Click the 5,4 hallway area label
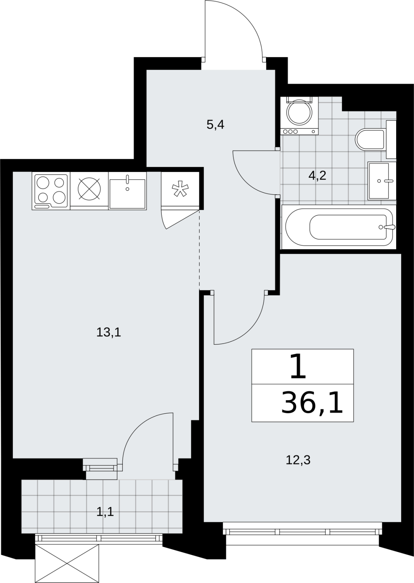click(x=215, y=125)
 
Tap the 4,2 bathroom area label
click(x=317, y=176)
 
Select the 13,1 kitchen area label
click(x=109, y=332)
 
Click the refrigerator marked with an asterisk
click(x=180, y=189)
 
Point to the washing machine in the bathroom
click(x=299, y=116)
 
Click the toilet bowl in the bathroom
click(x=370, y=140)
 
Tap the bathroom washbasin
click(x=382, y=181)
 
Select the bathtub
click(x=339, y=227)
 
